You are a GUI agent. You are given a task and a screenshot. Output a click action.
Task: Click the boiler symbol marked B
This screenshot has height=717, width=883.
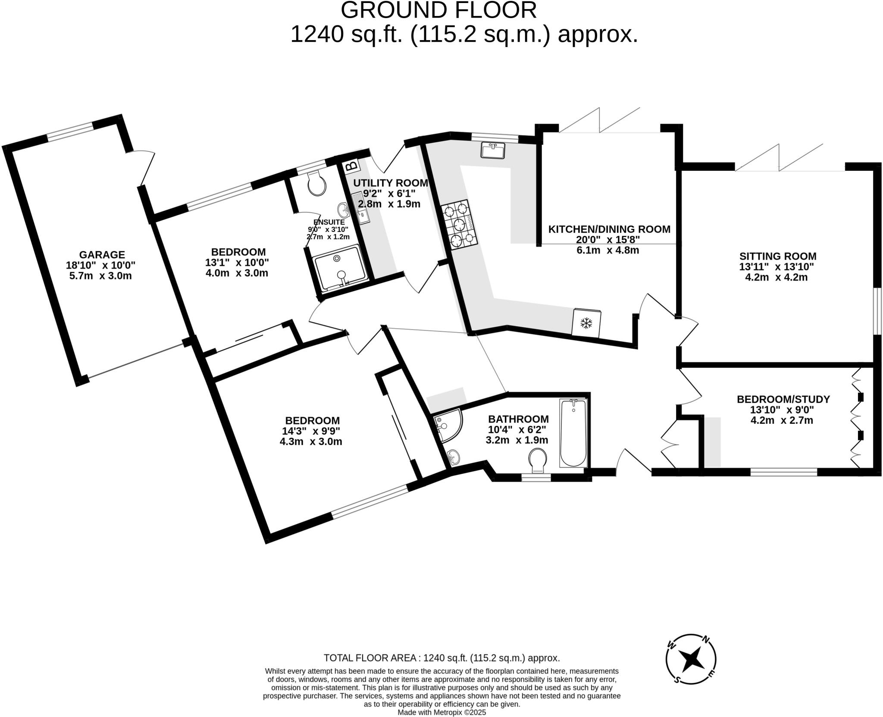click(352, 166)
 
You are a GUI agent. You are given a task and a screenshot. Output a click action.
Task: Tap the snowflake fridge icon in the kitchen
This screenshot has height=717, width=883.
click(586, 323)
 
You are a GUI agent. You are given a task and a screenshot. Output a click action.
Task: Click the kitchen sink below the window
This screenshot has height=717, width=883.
click(493, 151)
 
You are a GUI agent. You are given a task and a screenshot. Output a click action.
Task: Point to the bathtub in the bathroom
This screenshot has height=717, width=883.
click(573, 432)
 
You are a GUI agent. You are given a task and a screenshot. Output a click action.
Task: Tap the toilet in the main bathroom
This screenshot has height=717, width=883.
click(538, 460)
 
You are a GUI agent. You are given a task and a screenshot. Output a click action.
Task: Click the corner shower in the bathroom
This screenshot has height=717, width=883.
click(447, 426)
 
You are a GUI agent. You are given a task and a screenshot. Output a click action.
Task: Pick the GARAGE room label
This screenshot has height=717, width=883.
click(102, 255)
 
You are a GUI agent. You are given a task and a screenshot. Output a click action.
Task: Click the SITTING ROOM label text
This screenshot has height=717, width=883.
click(778, 257)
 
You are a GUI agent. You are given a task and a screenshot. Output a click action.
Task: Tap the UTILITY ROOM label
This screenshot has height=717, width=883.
click(390, 183)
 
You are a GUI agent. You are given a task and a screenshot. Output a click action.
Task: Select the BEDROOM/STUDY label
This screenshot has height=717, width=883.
click(783, 399)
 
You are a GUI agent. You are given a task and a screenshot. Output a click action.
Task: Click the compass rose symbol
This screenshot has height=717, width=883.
click(691, 659)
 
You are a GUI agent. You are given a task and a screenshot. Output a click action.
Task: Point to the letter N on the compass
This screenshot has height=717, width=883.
click(706, 639)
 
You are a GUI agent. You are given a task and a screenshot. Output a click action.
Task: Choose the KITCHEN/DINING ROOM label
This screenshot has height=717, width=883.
click(609, 229)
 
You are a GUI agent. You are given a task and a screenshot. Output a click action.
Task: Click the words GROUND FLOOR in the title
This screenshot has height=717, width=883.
click(438, 10)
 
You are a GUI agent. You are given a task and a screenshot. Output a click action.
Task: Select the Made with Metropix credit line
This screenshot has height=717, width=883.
click(441, 713)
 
